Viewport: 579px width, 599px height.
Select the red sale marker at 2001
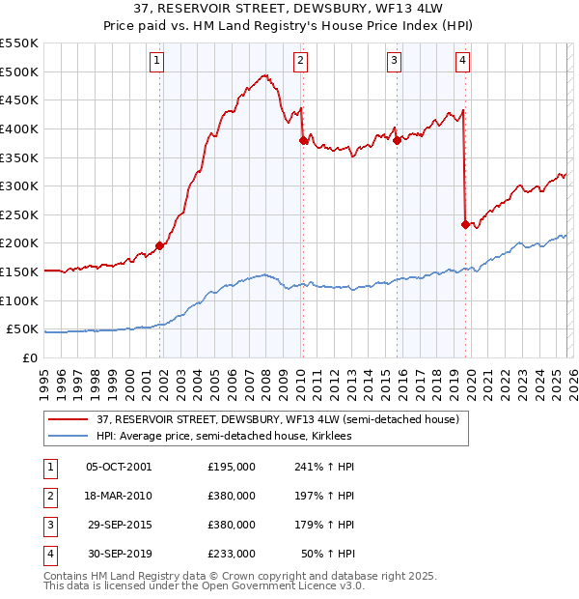pyautogui.click(x=159, y=245)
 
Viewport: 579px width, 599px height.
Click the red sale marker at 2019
pyautogui.click(x=465, y=224)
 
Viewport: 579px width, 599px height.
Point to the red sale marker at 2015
pyautogui.click(x=397, y=140)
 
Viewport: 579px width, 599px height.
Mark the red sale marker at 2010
pyautogui.click(x=303, y=140)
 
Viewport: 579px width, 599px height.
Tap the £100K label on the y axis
pyautogui.click(x=19, y=300)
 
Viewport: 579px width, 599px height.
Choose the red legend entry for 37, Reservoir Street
pyautogui.click(x=283, y=419)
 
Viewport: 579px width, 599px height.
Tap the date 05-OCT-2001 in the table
pyautogui.click(x=119, y=467)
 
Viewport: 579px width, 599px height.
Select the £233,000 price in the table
pyautogui.click(x=232, y=555)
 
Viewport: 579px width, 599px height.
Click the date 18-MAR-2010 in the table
pyautogui.click(x=119, y=496)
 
